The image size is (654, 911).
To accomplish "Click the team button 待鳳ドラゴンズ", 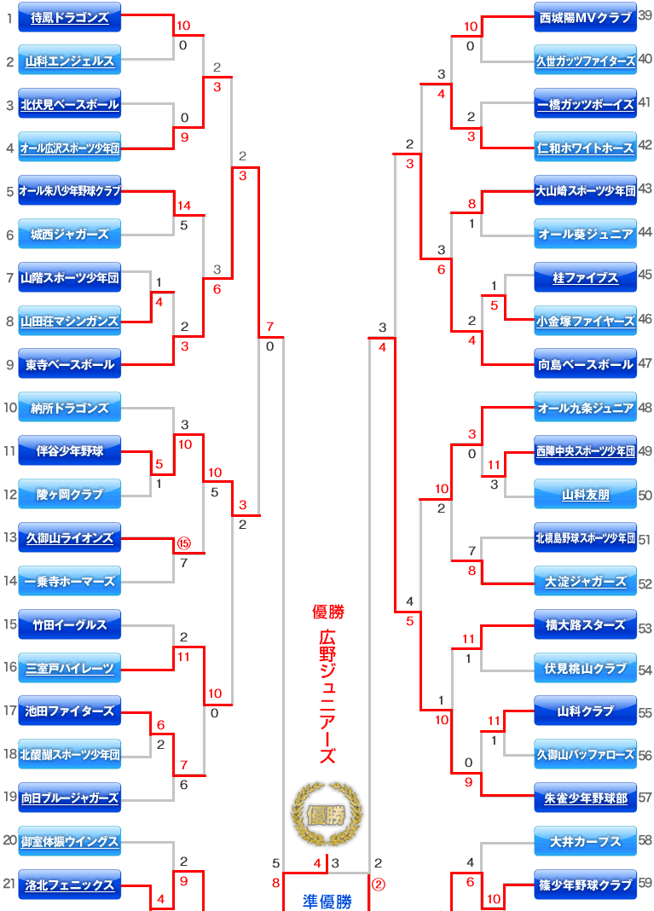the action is (70, 17).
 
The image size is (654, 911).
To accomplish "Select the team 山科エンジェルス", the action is (70, 61).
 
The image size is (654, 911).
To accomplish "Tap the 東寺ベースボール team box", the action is (70, 364).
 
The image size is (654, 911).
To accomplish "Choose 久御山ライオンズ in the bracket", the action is (70, 538).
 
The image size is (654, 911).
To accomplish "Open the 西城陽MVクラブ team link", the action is (586, 17).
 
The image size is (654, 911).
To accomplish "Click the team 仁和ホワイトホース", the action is (586, 148).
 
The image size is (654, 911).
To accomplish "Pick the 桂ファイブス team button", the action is (586, 278).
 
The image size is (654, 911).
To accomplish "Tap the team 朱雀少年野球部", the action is (586, 798).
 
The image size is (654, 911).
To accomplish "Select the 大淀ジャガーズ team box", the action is (586, 581).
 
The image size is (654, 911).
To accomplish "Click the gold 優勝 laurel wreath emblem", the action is (327, 815).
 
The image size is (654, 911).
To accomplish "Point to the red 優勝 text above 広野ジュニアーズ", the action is (328, 612).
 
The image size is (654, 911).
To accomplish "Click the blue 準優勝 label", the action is (327, 902).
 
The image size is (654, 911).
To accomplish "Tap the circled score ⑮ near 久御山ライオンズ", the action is (183, 543).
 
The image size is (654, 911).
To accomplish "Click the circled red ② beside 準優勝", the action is (378, 885).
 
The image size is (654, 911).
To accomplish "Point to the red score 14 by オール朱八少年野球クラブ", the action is (183, 206).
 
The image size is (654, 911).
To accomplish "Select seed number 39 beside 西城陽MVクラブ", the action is (645, 15).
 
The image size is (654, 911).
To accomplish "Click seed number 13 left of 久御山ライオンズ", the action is (10, 537).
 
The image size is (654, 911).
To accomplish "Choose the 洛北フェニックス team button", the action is (70, 885).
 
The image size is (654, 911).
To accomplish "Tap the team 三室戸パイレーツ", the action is (70, 668).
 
